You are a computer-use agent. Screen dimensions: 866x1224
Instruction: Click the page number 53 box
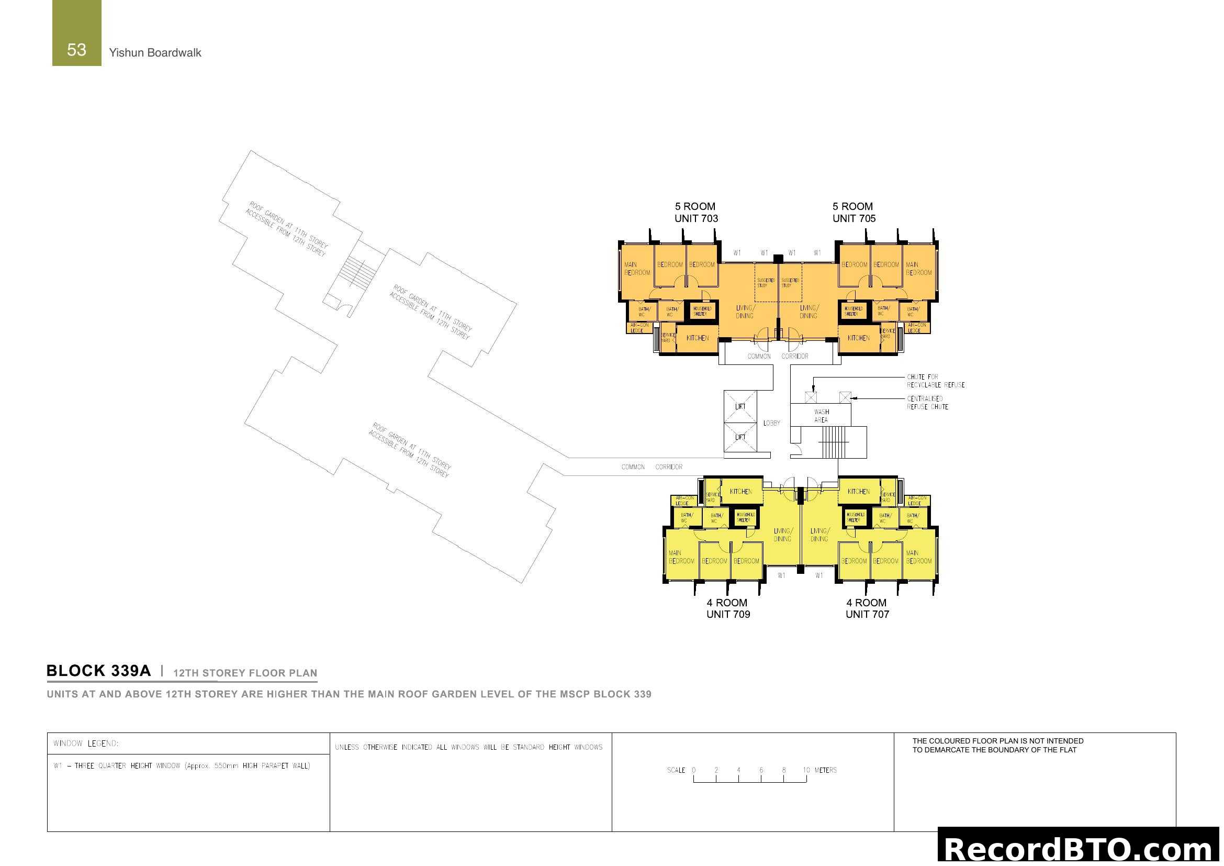[x=76, y=34]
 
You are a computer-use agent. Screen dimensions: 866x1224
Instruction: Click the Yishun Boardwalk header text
[x=154, y=53]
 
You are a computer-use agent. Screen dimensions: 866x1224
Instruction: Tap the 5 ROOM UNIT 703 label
[x=695, y=212]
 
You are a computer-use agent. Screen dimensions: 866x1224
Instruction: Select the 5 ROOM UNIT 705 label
[x=854, y=212]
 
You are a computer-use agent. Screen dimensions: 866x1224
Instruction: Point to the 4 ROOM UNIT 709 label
[x=728, y=608]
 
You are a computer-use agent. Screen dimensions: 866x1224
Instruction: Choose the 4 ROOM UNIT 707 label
[x=867, y=608]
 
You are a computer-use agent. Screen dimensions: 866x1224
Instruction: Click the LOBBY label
[x=771, y=423]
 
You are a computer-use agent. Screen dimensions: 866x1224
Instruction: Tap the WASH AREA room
[x=821, y=415]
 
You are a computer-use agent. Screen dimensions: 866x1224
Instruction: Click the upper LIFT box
[x=740, y=406]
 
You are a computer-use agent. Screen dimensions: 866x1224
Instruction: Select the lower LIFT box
[x=740, y=437]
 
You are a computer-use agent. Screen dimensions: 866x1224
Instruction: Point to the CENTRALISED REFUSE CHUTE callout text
[x=927, y=403]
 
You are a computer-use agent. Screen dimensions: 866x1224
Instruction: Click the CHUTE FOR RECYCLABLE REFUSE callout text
[x=935, y=381]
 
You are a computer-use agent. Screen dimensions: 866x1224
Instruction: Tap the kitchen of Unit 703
[x=697, y=338]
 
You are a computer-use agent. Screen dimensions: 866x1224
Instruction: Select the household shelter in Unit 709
[x=744, y=517]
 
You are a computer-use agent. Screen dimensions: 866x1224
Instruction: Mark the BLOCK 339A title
[x=98, y=671]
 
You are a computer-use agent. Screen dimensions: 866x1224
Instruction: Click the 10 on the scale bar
[x=806, y=770]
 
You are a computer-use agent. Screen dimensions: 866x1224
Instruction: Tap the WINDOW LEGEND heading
[x=86, y=743]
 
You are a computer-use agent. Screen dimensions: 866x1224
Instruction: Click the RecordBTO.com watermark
[x=1080, y=849]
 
